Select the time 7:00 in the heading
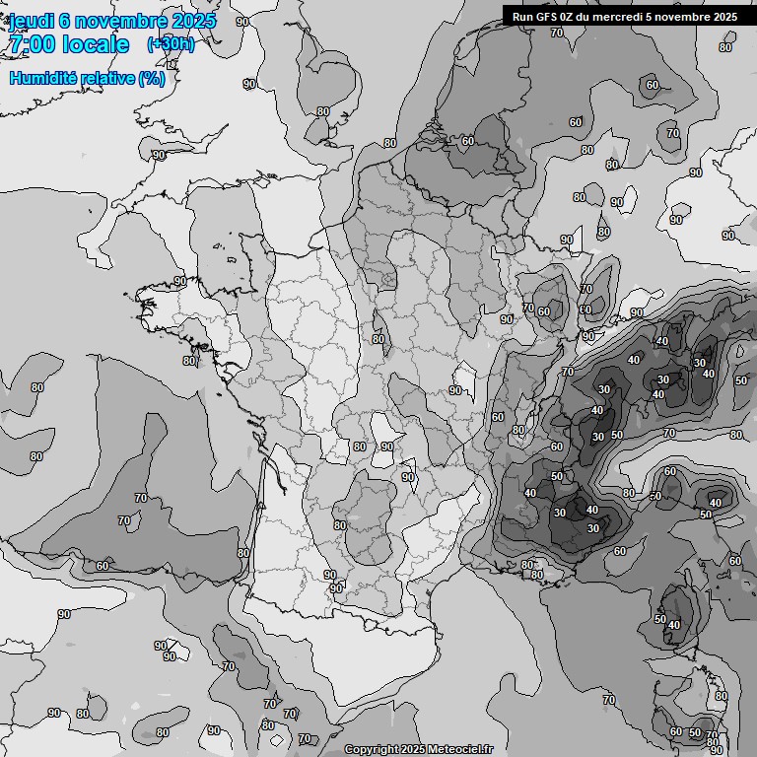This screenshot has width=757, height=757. coord(30,44)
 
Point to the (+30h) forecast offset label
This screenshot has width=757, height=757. coord(171,44)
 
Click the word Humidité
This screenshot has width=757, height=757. coord(41,78)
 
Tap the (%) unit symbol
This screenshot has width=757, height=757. coord(151,78)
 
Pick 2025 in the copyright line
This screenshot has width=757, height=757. coord(410,750)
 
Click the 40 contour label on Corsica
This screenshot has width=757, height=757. coord(674,625)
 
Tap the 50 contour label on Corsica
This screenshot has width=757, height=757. coord(659,619)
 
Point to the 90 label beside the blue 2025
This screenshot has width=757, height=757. coord(242,21)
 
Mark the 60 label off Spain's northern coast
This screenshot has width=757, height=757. coord(103,566)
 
